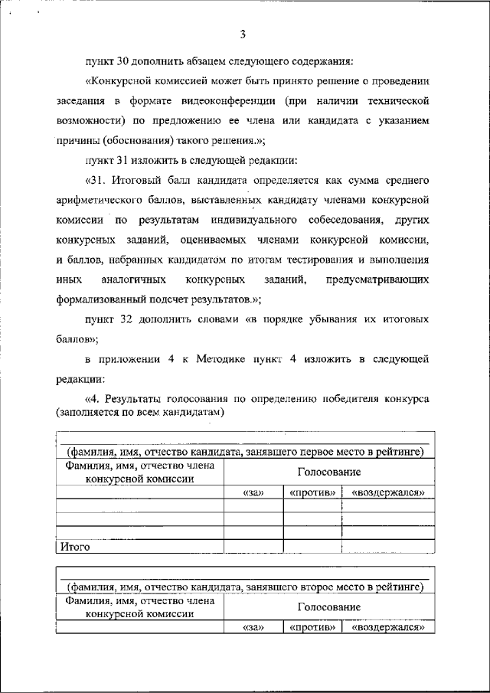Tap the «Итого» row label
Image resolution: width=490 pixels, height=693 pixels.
[x=76, y=547]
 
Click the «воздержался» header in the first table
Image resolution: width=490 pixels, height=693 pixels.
[x=387, y=492]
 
